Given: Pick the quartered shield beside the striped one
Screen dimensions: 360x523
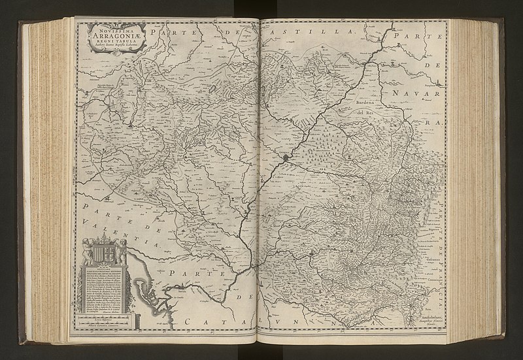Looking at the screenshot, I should pyautogui.click(x=112, y=252).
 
